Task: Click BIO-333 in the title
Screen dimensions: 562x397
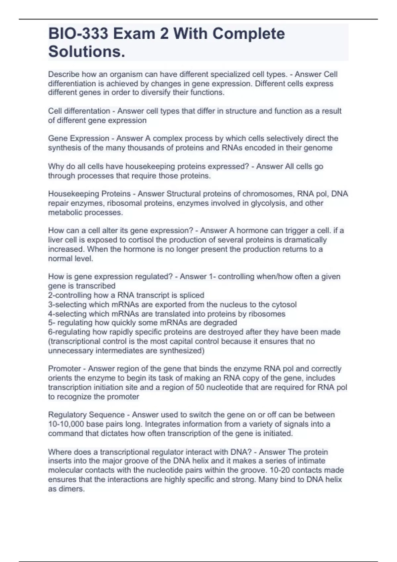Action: click(x=78, y=34)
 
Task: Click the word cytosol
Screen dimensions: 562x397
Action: click(x=284, y=304)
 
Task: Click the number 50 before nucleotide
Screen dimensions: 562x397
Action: click(x=200, y=387)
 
